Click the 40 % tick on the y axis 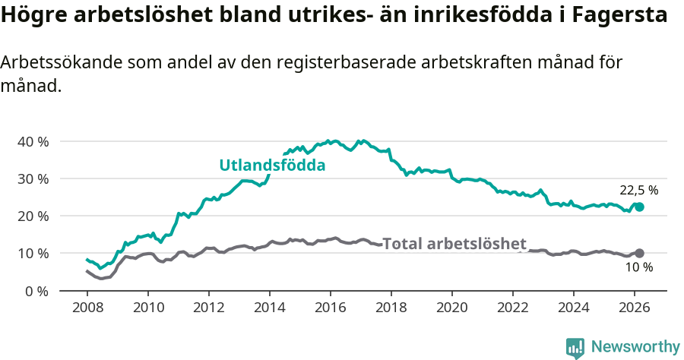(x=33, y=141)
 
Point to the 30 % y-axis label (x=33, y=178)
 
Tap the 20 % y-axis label (x=33, y=216)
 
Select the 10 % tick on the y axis (x=33, y=253)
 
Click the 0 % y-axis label (x=36, y=290)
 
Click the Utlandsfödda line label (x=272, y=165)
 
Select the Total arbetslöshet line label (x=454, y=244)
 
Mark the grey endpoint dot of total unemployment (x=639, y=253)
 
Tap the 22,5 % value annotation (x=638, y=191)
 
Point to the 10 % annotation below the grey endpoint (x=638, y=267)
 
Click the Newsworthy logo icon (x=575, y=348)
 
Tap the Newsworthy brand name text (x=635, y=347)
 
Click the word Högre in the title (x=29, y=16)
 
